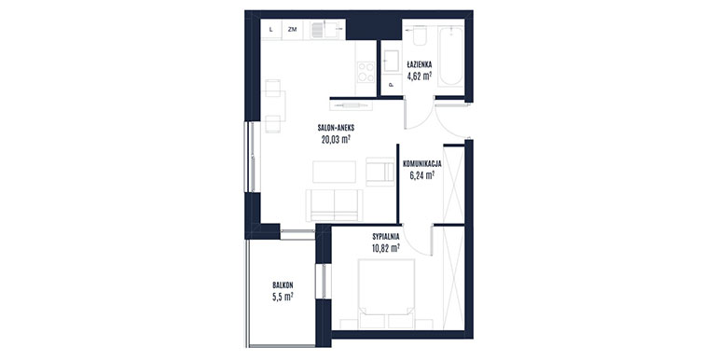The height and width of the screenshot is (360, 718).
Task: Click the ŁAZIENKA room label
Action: tap(420, 65)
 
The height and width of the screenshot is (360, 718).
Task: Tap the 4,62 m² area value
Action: tap(420, 76)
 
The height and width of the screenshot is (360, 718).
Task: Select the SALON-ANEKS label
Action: tap(336, 129)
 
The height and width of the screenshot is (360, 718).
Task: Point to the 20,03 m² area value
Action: tap(336, 139)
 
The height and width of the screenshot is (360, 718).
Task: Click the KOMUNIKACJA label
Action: tap(421, 163)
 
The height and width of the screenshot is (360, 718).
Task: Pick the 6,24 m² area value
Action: tap(421, 174)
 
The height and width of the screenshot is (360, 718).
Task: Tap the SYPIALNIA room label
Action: tap(385, 237)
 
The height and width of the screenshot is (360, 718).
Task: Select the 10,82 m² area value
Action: tap(385, 248)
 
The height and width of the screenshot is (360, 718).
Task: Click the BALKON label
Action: tap(283, 284)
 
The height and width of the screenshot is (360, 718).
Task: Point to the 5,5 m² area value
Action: tap(283, 297)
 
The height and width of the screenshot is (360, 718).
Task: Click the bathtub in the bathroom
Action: tap(451, 56)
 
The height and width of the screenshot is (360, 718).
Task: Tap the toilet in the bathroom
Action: tap(420, 35)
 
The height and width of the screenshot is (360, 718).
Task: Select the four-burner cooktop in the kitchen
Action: tap(366, 72)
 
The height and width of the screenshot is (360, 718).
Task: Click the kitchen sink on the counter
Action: tap(324, 30)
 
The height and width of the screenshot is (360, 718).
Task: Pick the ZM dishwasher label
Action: tap(292, 30)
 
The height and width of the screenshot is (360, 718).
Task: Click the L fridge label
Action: tap(271, 30)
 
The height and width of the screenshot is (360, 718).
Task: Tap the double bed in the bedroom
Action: tap(386, 294)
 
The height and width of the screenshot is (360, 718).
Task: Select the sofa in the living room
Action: tap(334, 205)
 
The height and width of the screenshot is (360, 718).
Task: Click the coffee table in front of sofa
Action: tap(334, 172)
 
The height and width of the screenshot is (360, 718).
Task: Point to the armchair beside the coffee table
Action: tap(380, 172)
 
